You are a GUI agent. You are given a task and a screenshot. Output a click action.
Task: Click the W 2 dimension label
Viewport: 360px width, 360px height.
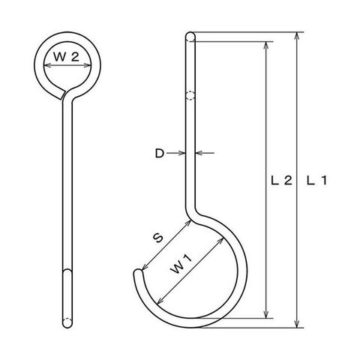point(66,56)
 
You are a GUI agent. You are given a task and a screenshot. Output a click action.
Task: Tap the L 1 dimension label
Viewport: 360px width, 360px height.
point(316,180)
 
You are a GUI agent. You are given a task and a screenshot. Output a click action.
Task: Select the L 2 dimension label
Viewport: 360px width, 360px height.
point(282,180)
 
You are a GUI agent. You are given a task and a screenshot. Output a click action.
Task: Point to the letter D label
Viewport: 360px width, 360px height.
point(160,153)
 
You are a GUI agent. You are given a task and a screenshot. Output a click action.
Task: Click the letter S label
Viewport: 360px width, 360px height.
point(158,238)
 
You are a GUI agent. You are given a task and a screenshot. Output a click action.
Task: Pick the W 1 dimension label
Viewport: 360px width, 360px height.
point(181,265)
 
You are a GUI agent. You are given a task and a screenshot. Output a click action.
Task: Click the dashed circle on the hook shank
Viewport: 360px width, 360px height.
point(190,96)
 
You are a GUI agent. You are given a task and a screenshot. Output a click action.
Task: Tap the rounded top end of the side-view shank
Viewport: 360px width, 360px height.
point(190,35)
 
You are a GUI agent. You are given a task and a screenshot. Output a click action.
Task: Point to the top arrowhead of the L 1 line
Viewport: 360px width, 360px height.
point(297,36)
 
